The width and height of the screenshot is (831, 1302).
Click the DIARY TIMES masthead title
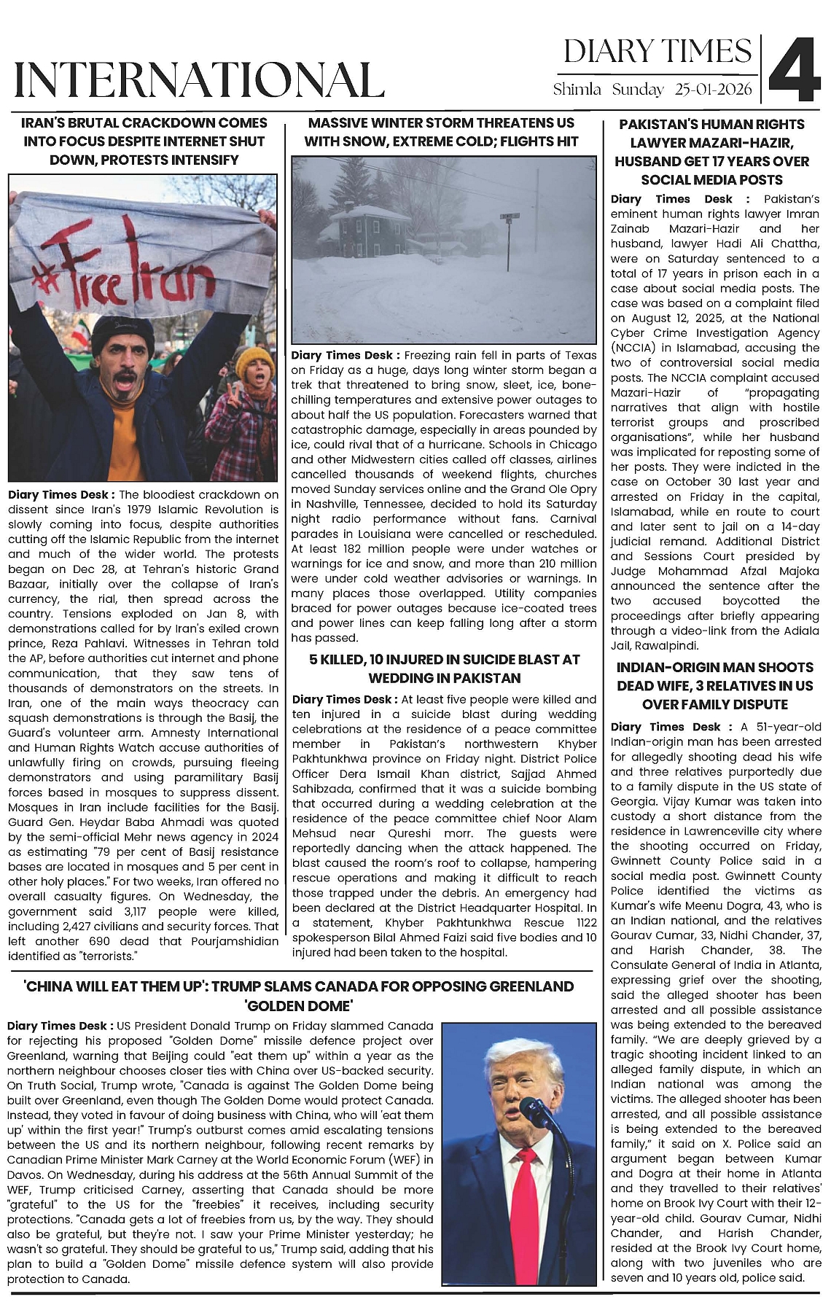click(x=657, y=52)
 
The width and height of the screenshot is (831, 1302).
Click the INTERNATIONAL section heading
click(x=199, y=80)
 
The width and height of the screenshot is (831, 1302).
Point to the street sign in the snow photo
click(x=509, y=217)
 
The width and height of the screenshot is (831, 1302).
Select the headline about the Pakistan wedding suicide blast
click(x=444, y=668)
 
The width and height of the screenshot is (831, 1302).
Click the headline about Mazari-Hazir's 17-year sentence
click(x=711, y=152)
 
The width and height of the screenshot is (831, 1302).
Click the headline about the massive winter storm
click(x=441, y=132)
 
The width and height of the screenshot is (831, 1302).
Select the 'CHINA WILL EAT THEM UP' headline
click(x=299, y=996)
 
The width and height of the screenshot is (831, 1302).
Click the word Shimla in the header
click(x=577, y=90)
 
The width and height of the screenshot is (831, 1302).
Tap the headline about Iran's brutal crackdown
click(x=144, y=141)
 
